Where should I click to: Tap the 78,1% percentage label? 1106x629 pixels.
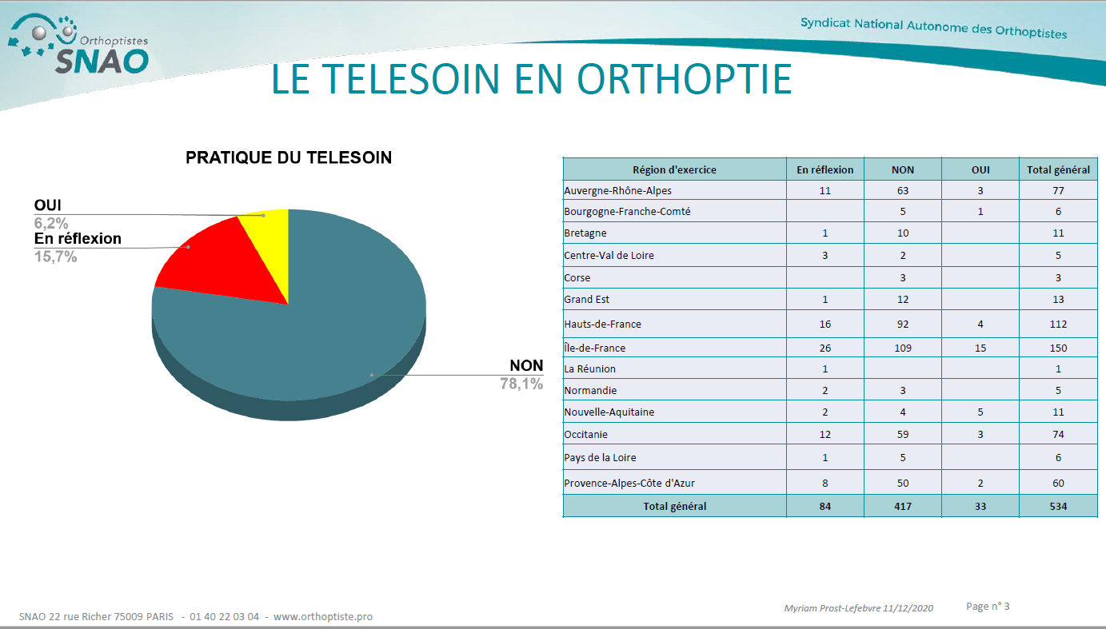point(521,384)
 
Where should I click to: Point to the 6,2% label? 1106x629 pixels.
point(51,223)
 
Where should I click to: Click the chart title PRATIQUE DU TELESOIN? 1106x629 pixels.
point(289,158)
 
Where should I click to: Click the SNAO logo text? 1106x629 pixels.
point(102,62)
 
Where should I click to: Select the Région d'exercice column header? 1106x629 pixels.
point(674,169)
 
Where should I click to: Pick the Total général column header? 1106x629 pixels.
point(1058,169)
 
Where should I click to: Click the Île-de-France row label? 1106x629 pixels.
point(594,348)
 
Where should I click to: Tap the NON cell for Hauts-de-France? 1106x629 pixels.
point(903,324)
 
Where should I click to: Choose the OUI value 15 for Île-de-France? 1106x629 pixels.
point(980,348)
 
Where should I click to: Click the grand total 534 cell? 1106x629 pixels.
point(1058,506)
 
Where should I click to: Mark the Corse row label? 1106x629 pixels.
point(577,278)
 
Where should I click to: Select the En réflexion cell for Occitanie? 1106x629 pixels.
point(825,434)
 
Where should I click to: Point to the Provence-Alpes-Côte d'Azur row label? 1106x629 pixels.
point(629,483)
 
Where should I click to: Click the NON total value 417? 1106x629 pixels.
point(903,506)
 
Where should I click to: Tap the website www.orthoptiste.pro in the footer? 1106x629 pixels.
point(323,617)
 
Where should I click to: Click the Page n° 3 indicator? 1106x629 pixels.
point(988,607)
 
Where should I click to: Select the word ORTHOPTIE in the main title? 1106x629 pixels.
point(685,79)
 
